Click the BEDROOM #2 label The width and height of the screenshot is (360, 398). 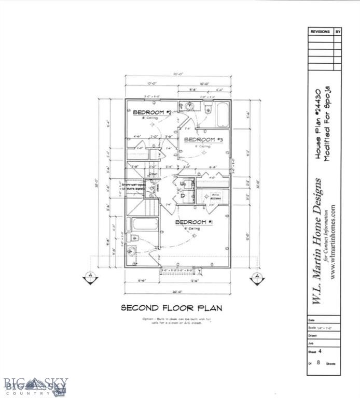152,112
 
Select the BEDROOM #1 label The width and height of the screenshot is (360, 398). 195,222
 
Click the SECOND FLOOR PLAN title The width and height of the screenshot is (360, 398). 171,308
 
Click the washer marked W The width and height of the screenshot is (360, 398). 183,184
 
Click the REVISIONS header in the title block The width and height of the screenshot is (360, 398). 320,32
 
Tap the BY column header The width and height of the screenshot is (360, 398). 338,32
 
